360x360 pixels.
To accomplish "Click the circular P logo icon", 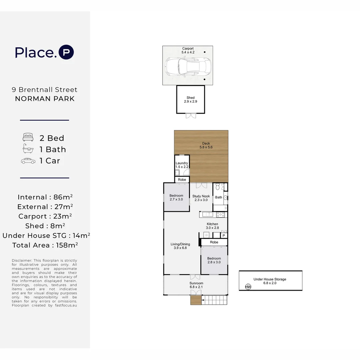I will pyautogui.click(x=66, y=53).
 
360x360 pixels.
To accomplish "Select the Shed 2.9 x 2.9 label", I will pyautogui.click(x=190, y=100).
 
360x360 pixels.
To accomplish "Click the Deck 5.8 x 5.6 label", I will pyautogui.click(x=206, y=145).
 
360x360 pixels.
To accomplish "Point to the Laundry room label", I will pyautogui.click(x=182, y=165).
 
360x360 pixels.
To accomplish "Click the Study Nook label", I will pyautogui.click(x=201, y=198).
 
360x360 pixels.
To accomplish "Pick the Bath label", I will pyautogui.click(x=218, y=197).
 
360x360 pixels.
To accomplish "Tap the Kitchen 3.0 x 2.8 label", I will pyautogui.click(x=212, y=226).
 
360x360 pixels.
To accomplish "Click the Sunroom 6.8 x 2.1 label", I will pyautogui.click(x=196, y=285).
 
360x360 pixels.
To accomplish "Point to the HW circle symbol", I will pyautogui.click(x=248, y=287).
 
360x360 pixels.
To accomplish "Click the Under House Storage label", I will pyautogui.click(x=270, y=281).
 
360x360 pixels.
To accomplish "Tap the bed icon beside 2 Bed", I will pyautogui.click(x=28, y=138).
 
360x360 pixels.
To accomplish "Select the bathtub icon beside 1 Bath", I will pyautogui.click(x=28, y=149).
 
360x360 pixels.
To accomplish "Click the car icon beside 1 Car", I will pyautogui.click(x=28, y=161).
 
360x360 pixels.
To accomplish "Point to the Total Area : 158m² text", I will pyautogui.click(x=45, y=245).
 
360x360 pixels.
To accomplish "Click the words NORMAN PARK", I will pyautogui.click(x=45, y=99).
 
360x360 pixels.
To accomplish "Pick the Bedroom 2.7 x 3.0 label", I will pyautogui.click(x=176, y=197).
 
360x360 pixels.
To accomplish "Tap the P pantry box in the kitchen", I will pyautogui.click(x=224, y=235).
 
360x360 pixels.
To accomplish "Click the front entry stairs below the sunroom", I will pyautogui.click(x=215, y=300).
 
